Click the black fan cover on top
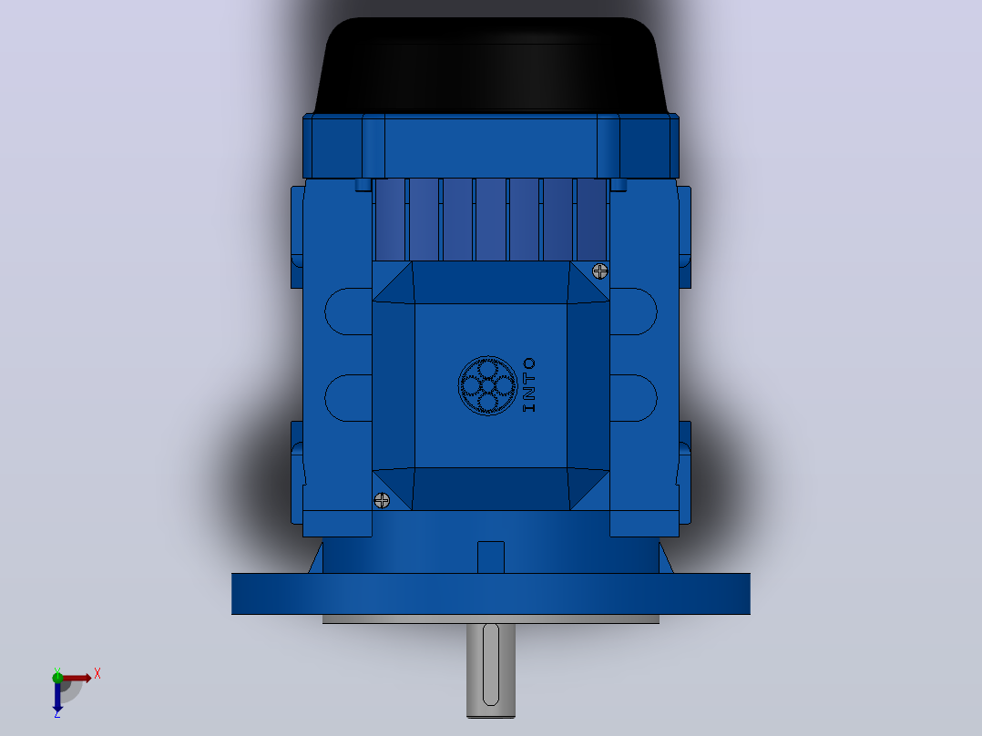tap(491, 66)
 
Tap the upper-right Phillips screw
tap(600, 271)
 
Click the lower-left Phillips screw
tap(382, 500)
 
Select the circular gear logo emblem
tap(488, 386)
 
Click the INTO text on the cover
tap(529, 385)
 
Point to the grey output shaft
tap(491, 670)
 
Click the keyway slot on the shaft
tap(491, 665)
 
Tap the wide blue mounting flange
tap(491, 594)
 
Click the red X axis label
tap(97, 674)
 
